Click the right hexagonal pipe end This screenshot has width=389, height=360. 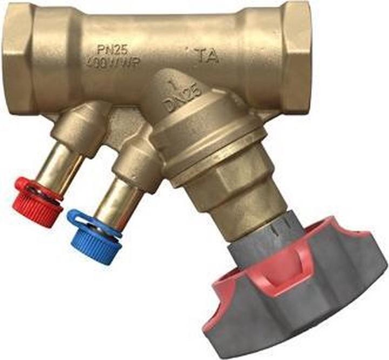(x=296, y=57)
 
